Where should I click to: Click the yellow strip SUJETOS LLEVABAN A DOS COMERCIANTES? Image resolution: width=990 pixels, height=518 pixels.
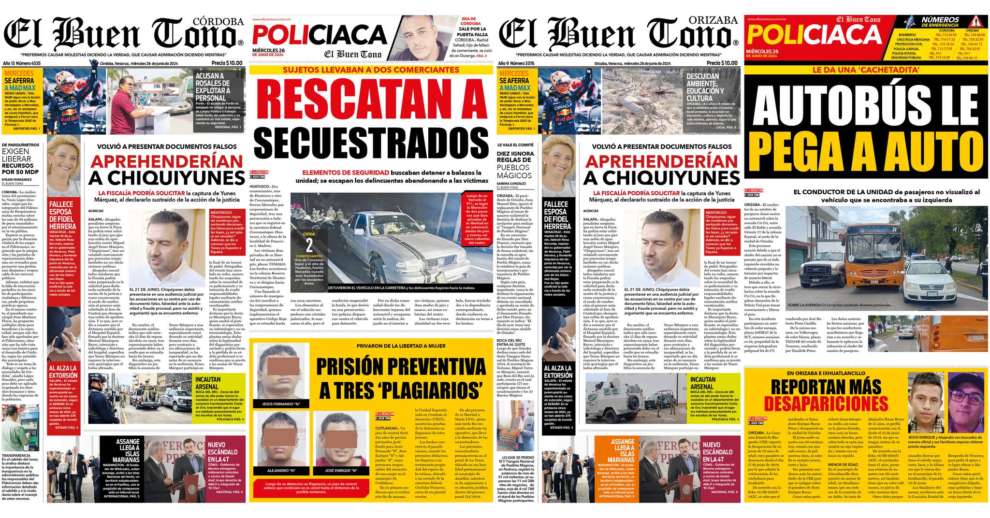pyautogui.click(x=371, y=70)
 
